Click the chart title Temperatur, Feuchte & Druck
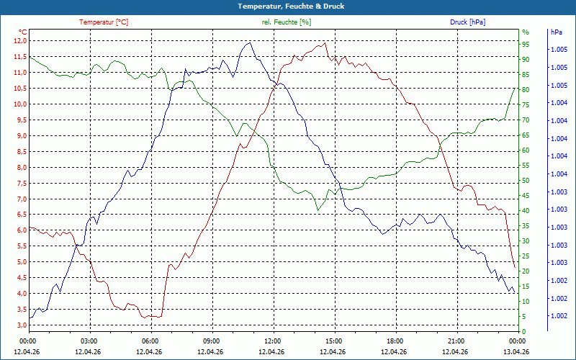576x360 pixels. point(287,6)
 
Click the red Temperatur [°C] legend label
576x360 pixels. point(104,22)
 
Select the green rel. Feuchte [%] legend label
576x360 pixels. point(287,22)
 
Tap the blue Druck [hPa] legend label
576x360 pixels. point(467,22)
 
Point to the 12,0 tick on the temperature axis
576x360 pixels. point(19,40)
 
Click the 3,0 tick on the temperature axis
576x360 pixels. point(19,325)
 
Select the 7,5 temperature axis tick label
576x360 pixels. point(19,183)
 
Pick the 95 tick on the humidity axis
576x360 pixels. point(526,44)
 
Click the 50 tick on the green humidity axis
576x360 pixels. point(526,181)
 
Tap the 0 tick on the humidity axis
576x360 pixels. point(524,332)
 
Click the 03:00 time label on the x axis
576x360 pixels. point(89,341)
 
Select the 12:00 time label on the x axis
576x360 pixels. point(273,341)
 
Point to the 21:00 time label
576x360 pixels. point(456,341)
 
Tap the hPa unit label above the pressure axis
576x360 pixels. point(556,32)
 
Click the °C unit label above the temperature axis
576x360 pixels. point(23,32)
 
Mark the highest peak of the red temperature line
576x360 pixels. point(325,42)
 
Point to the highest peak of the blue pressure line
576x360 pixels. point(249,43)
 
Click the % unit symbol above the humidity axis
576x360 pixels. point(525,32)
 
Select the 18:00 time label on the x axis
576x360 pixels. point(395,341)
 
